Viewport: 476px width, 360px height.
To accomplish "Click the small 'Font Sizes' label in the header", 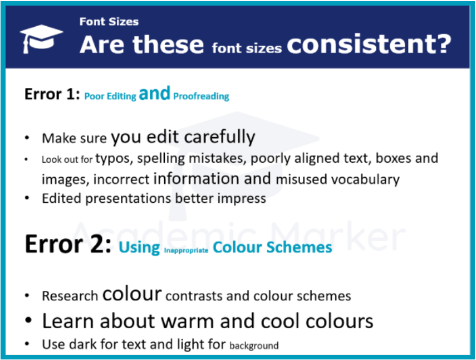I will (x=109, y=22).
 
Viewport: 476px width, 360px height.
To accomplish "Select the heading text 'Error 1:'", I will (x=52, y=94).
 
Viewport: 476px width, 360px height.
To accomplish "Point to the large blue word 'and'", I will (x=155, y=94).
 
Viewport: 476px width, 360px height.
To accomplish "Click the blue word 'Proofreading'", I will (x=201, y=96).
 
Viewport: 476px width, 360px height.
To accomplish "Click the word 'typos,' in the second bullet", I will (x=115, y=158).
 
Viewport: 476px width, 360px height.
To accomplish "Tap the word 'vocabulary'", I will (x=365, y=179).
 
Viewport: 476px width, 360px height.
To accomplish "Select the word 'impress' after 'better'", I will (x=244, y=198).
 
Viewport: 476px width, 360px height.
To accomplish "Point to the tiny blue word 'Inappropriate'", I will (x=186, y=251).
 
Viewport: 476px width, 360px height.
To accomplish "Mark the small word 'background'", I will (x=254, y=346).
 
